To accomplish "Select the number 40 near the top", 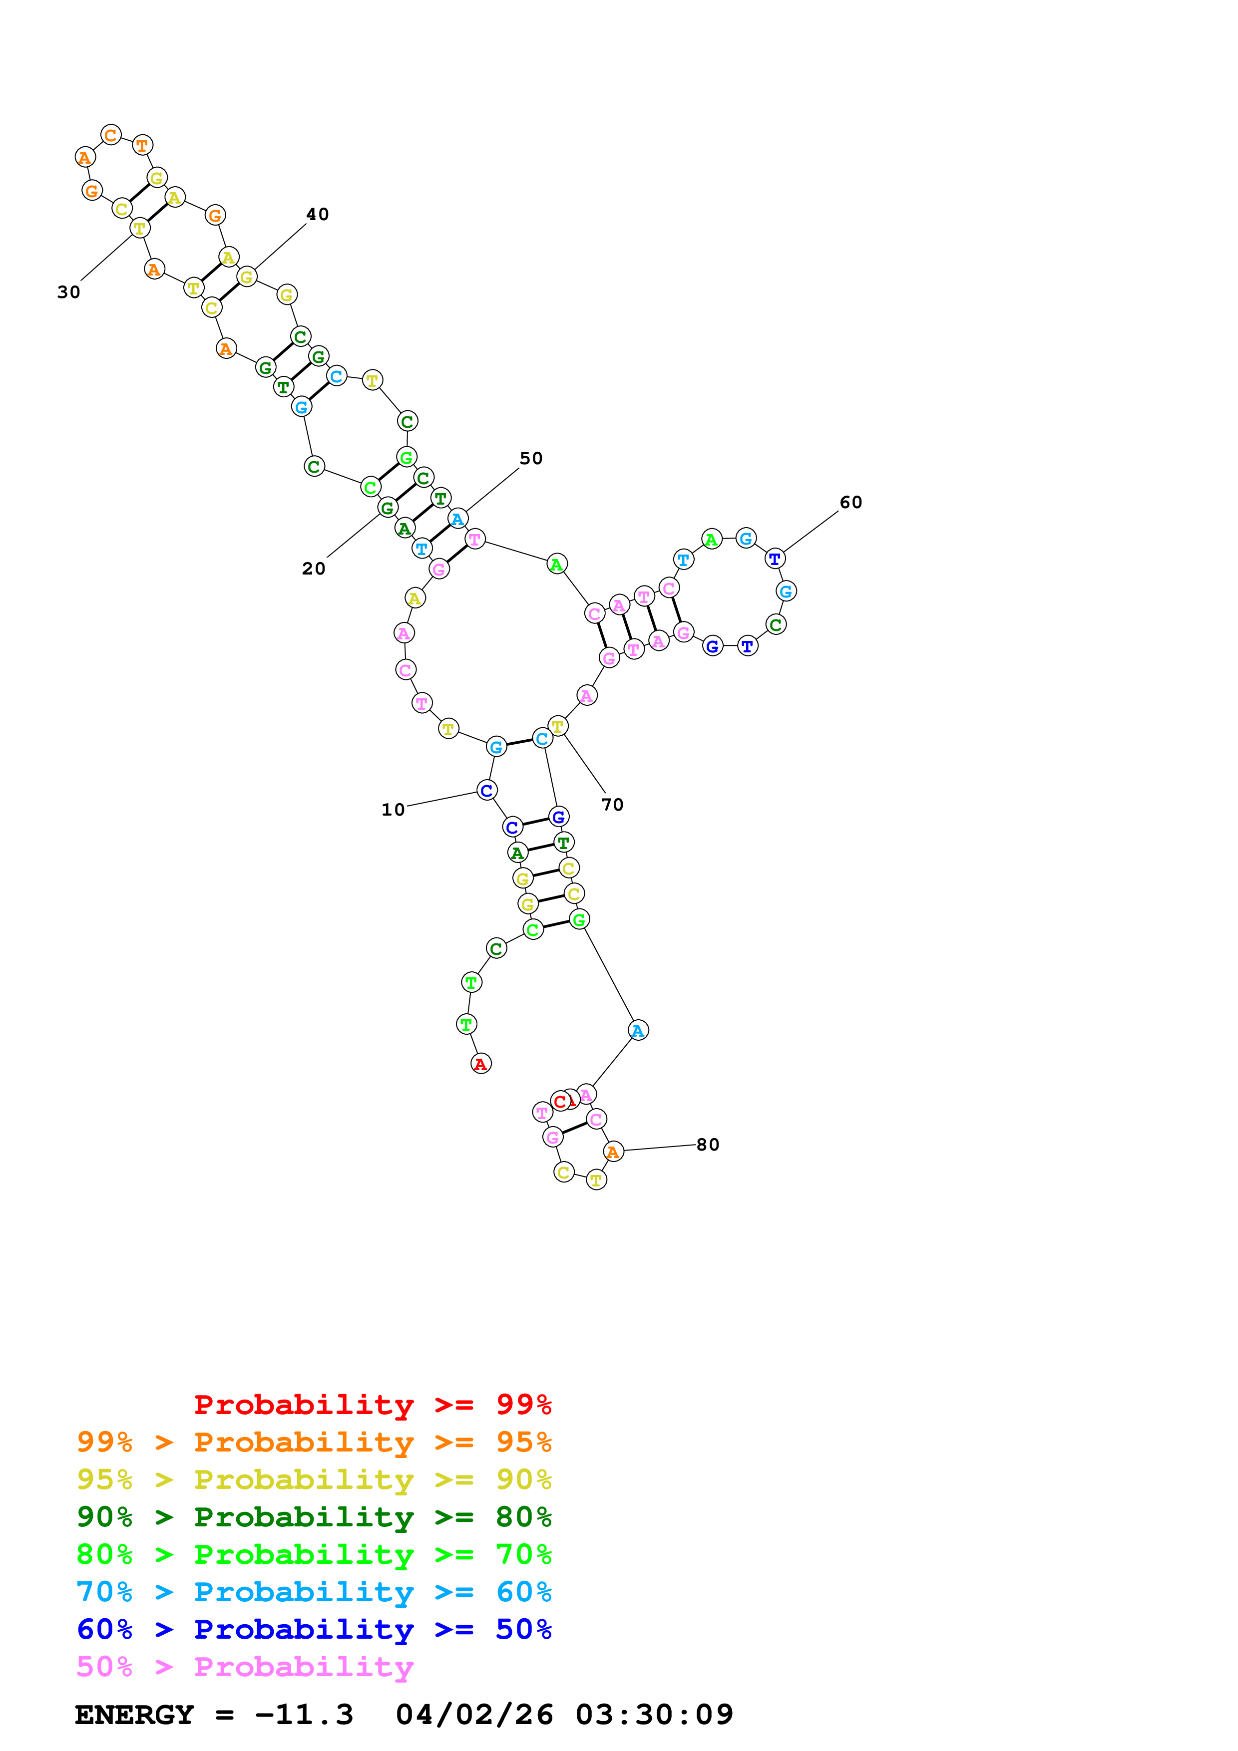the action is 317,214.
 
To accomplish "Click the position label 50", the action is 531,458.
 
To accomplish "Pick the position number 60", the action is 850,502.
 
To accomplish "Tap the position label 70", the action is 612,805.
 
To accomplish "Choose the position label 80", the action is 707,1145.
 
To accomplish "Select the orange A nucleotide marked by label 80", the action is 613,1152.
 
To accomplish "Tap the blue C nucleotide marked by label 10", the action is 486,790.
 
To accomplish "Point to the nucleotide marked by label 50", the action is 457,519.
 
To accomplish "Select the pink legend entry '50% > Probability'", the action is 244,1667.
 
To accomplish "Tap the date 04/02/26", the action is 474,1715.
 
